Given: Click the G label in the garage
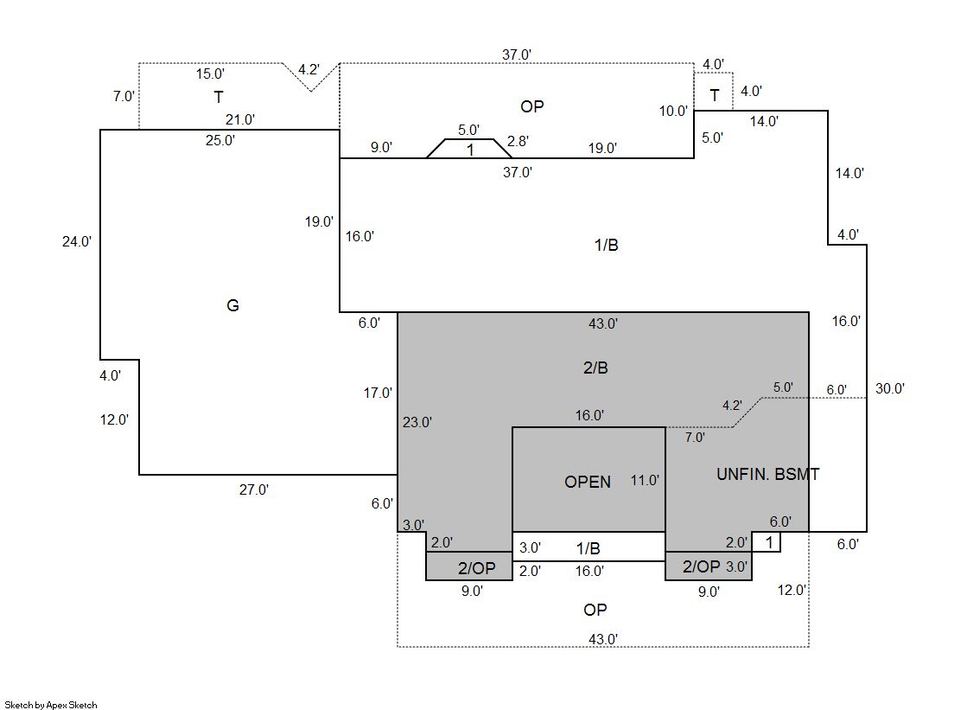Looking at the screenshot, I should (232, 305).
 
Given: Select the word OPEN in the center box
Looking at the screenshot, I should (588, 482).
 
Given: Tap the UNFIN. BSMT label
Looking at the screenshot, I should (767, 474).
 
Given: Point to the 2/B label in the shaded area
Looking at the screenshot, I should (595, 368).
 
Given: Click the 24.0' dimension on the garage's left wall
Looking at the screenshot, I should (76, 242).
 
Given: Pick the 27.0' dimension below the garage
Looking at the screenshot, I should (254, 489).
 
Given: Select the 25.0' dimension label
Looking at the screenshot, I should (219, 140).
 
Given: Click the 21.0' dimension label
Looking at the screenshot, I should (239, 120).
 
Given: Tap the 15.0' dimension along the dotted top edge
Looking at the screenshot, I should (210, 74).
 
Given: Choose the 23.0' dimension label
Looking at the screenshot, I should (417, 422).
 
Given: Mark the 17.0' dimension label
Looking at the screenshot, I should (378, 393).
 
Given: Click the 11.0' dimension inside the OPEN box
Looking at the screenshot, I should (645, 480).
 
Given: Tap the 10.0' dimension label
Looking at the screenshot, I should (674, 111).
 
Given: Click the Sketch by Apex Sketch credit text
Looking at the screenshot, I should (51, 705).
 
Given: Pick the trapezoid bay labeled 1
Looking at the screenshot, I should (469, 149).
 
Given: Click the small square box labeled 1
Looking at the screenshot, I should (768, 542).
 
